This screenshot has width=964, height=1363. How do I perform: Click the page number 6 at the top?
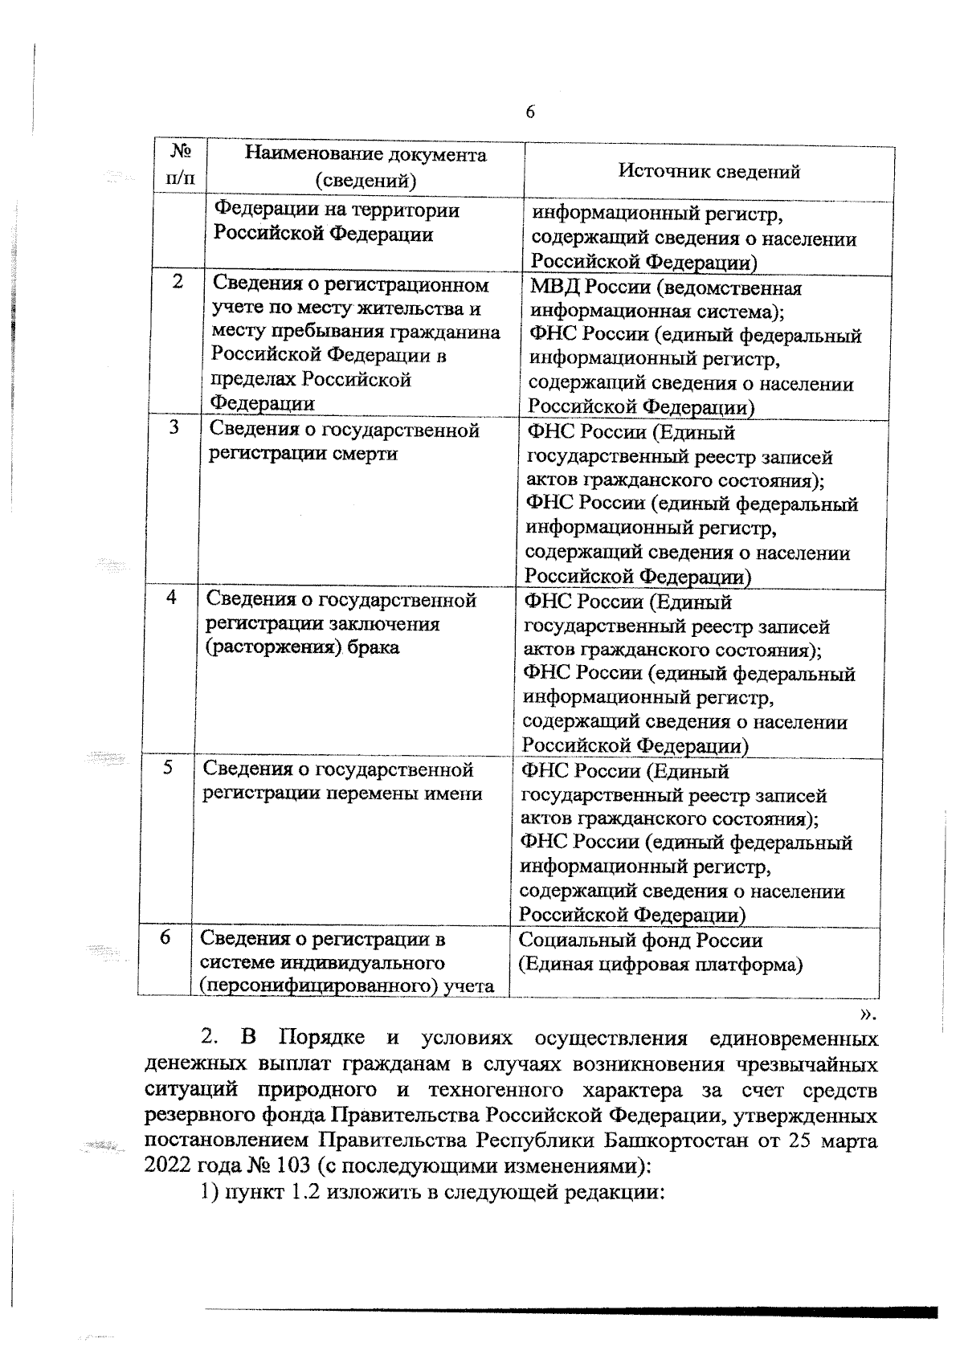point(530,112)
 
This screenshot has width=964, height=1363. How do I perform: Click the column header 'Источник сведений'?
point(709,171)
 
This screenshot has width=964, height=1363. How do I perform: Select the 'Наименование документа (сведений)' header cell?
point(366,167)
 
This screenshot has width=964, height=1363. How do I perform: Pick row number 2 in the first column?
point(178,282)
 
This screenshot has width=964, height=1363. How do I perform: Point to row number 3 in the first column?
point(174,427)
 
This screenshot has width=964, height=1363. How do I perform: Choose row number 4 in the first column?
point(172,597)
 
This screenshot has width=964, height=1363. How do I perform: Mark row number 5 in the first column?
point(168,767)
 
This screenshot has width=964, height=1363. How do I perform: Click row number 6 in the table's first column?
point(165,937)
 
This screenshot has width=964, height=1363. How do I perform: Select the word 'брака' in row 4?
point(374,647)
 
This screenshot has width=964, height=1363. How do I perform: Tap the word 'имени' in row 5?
point(454,794)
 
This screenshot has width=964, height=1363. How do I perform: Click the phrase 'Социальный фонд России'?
point(640,940)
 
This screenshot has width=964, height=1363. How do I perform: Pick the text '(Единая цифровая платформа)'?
point(660,964)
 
